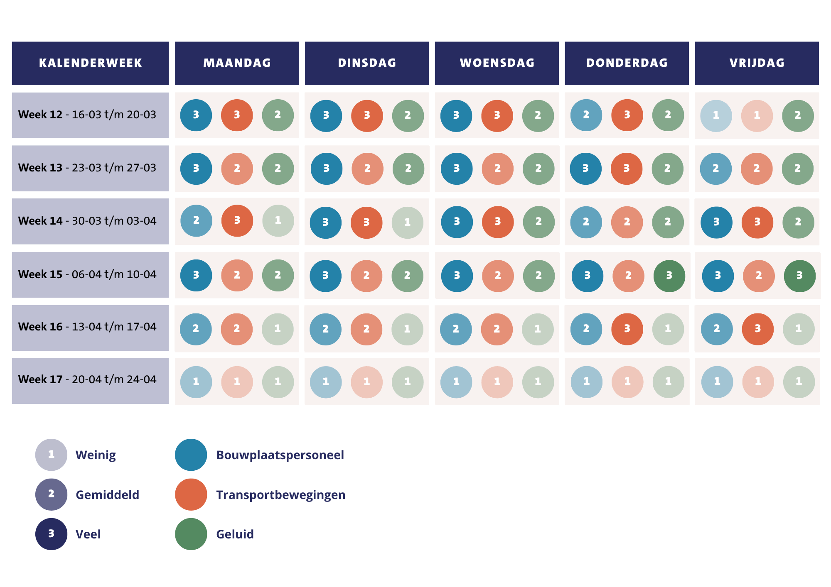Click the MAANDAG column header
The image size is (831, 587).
pyautogui.click(x=237, y=63)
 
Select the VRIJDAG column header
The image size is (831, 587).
pyautogui.click(x=757, y=63)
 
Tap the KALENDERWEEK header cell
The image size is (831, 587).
pyautogui.click(x=90, y=63)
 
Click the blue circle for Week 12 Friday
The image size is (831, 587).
pyautogui.click(x=716, y=115)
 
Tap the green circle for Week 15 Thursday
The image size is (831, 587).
pyautogui.click(x=669, y=276)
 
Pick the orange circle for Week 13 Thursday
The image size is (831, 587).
pyautogui.click(x=627, y=169)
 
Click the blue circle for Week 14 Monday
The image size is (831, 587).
pyautogui.click(x=196, y=220)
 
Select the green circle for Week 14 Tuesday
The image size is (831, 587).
pyautogui.click(x=407, y=223)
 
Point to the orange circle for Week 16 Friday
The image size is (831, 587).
pyautogui.click(x=757, y=329)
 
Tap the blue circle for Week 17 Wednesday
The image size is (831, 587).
pyautogui.click(x=456, y=382)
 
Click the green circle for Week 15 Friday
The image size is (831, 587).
pyautogui.click(x=799, y=276)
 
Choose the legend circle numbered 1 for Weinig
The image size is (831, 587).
pyautogui.click(x=51, y=455)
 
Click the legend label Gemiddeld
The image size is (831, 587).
pyautogui.click(x=107, y=495)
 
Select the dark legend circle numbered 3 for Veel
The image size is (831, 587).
pyautogui.click(x=51, y=534)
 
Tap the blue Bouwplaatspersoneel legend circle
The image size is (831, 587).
pyautogui.click(x=191, y=455)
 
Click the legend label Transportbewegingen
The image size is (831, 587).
pyautogui.click(x=280, y=495)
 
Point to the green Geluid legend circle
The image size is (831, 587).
pyautogui.click(x=191, y=534)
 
